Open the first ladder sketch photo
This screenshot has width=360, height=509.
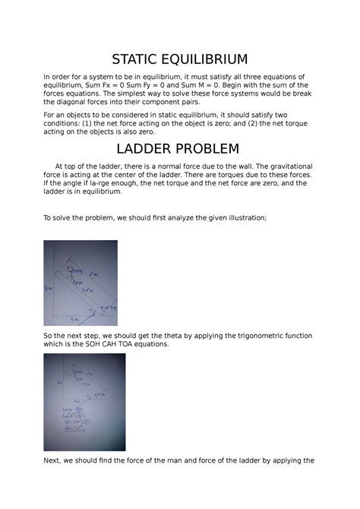[x=81, y=283]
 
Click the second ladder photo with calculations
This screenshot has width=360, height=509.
[x=84, y=402]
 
